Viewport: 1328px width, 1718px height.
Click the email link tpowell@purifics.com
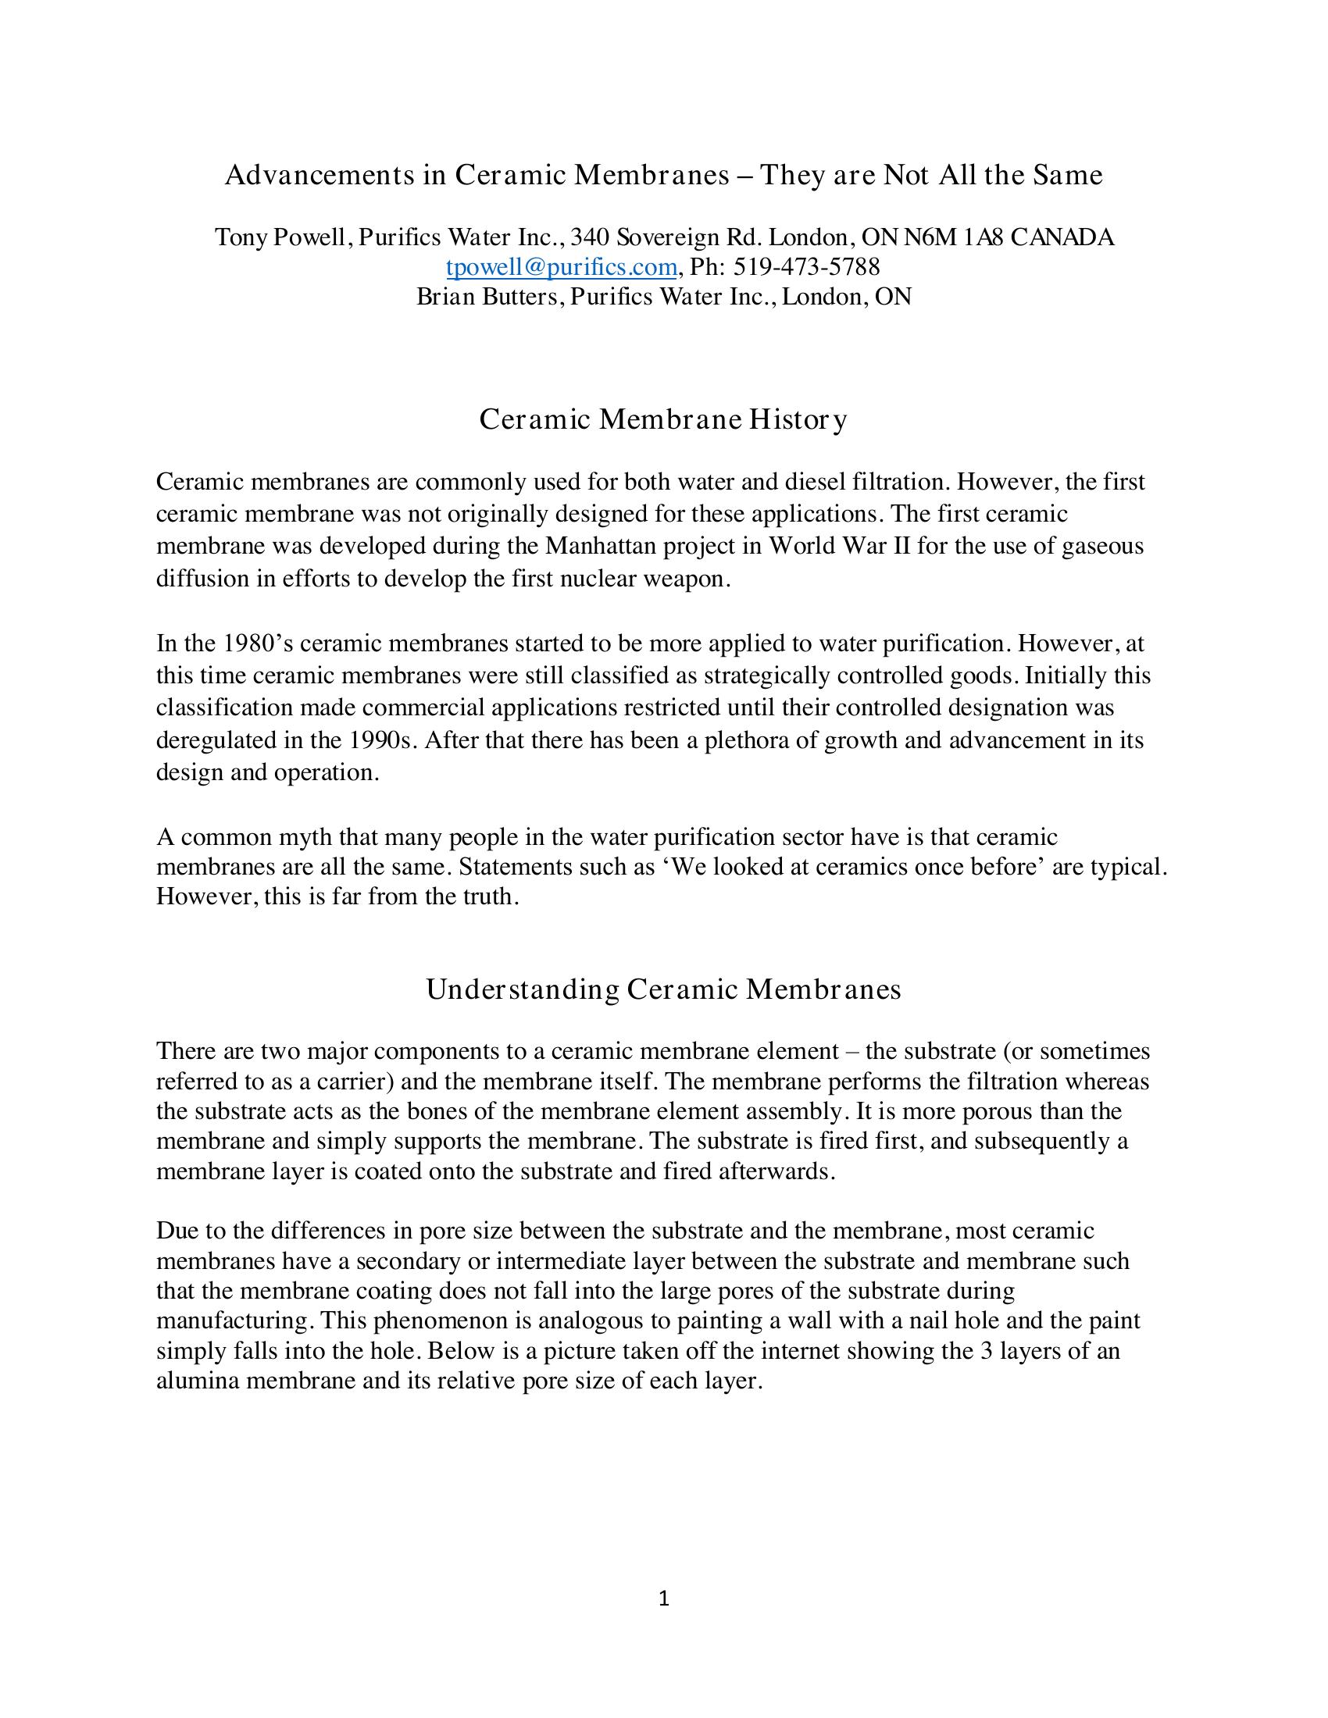[x=561, y=267]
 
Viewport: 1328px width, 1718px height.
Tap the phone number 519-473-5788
[x=806, y=267]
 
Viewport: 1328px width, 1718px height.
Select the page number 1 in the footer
[x=663, y=1598]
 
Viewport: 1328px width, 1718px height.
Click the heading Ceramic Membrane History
[x=663, y=419]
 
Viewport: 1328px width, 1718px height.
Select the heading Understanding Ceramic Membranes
[x=663, y=989]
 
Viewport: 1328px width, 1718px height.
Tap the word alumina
[x=198, y=1381]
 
